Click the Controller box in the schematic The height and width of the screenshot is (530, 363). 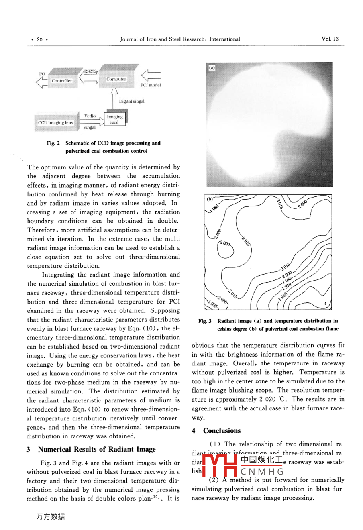pos(61,81)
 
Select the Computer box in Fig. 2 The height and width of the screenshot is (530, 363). pos(116,79)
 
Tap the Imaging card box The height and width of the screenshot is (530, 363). pos(115,119)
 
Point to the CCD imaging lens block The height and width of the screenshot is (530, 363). pos(55,123)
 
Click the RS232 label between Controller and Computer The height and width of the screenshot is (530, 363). pos(90,72)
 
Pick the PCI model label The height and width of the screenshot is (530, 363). pos(151,85)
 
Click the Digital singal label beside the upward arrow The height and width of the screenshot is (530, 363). pos(132,101)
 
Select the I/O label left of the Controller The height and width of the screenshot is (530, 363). pos(42,74)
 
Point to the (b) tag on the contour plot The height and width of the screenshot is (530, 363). pos(210,199)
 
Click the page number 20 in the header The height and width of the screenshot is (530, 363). pos(39,39)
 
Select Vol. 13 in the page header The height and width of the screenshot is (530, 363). pos(330,39)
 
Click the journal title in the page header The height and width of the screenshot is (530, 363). pos(180,39)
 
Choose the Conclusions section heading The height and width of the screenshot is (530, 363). pos(222,431)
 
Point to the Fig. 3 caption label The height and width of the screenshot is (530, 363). pos(205,321)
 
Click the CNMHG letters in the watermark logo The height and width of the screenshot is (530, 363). pos(262,471)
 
